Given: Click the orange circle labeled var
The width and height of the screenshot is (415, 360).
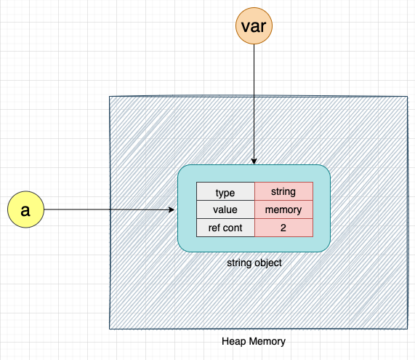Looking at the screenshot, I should point(254,27).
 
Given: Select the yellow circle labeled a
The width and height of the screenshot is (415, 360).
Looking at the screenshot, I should point(25,210).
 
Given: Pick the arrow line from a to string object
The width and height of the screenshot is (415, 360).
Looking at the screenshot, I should point(102,210).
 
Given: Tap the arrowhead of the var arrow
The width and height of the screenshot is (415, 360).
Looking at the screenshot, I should point(254,161).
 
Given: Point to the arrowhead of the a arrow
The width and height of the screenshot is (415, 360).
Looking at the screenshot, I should point(172,210).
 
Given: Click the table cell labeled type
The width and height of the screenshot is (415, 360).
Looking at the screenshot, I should point(225,192).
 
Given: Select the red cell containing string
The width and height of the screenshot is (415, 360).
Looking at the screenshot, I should point(283,192).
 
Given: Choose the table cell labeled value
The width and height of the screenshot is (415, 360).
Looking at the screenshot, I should point(225,210).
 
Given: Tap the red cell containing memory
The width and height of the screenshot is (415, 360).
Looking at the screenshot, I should point(283,210).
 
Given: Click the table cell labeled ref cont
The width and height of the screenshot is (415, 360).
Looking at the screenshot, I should point(225,228).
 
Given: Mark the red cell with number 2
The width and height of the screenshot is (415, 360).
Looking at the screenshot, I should point(283,228).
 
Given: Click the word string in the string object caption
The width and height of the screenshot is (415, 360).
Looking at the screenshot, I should point(239,263).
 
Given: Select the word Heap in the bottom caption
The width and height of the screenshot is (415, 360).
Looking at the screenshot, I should point(234,341).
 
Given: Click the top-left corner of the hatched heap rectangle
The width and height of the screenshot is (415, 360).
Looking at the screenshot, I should point(109,97).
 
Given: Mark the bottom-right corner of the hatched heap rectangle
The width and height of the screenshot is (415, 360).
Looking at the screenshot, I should point(408,329).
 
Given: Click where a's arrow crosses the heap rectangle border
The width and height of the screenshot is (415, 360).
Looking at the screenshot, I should point(109,210).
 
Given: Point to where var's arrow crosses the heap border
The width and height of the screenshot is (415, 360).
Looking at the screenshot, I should point(254,97).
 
